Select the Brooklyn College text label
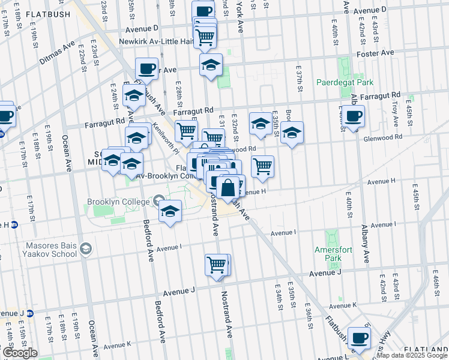(x=117, y=202)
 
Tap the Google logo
(x=20, y=353)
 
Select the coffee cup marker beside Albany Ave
(x=353, y=116)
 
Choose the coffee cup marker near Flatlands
(x=359, y=338)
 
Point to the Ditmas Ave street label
(x=57, y=53)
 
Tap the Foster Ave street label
(x=375, y=53)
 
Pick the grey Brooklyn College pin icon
(x=159, y=200)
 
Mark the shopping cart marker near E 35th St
(x=262, y=166)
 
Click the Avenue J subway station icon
(x=29, y=313)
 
